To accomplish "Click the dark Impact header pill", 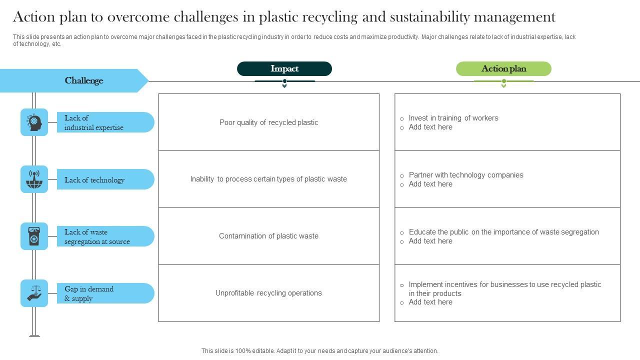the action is [284, 69].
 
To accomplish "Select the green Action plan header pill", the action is [503, 69].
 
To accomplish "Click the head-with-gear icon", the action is [34, 122].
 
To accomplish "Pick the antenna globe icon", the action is [34, 179].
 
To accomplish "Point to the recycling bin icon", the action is [34, 236].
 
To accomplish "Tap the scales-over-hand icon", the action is [34, 293].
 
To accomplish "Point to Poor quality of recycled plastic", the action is [268, 122].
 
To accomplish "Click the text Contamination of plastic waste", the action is [268, 236].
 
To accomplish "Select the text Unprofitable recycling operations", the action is [268, 293].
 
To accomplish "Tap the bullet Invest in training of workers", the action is [453, 118].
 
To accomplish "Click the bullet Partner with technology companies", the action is [465, 175].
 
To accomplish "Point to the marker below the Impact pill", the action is [284, 83].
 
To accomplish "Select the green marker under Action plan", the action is [503, 83].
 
